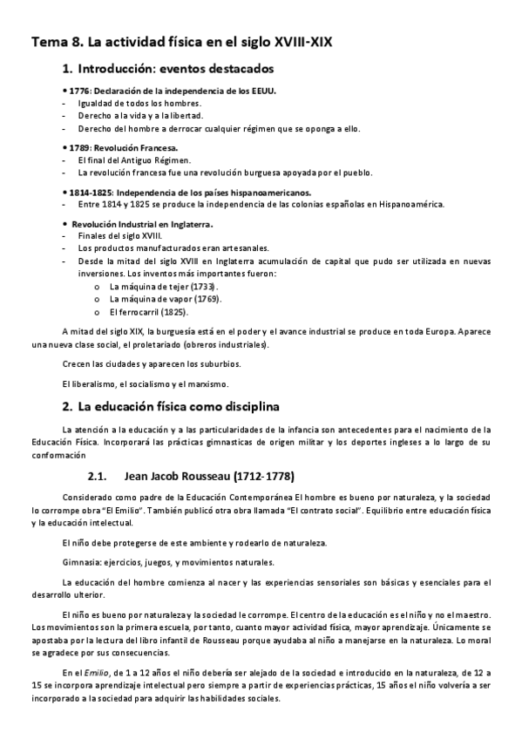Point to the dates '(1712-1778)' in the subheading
[x=262, y=476]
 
